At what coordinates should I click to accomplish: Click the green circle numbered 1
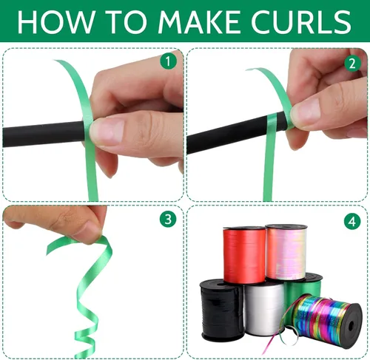click(168, 61)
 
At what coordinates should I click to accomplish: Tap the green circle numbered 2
click(352, 64)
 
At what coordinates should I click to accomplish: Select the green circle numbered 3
click(168, 219)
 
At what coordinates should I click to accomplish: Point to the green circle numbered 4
click(352, 221)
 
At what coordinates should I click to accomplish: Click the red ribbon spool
click(244, 255)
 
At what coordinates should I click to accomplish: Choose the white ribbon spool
click(264, 309)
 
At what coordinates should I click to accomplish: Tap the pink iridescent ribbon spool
click(286, 252)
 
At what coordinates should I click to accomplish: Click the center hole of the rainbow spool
click(351, 326)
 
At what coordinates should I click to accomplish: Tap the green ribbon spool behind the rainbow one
click(306, 286)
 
